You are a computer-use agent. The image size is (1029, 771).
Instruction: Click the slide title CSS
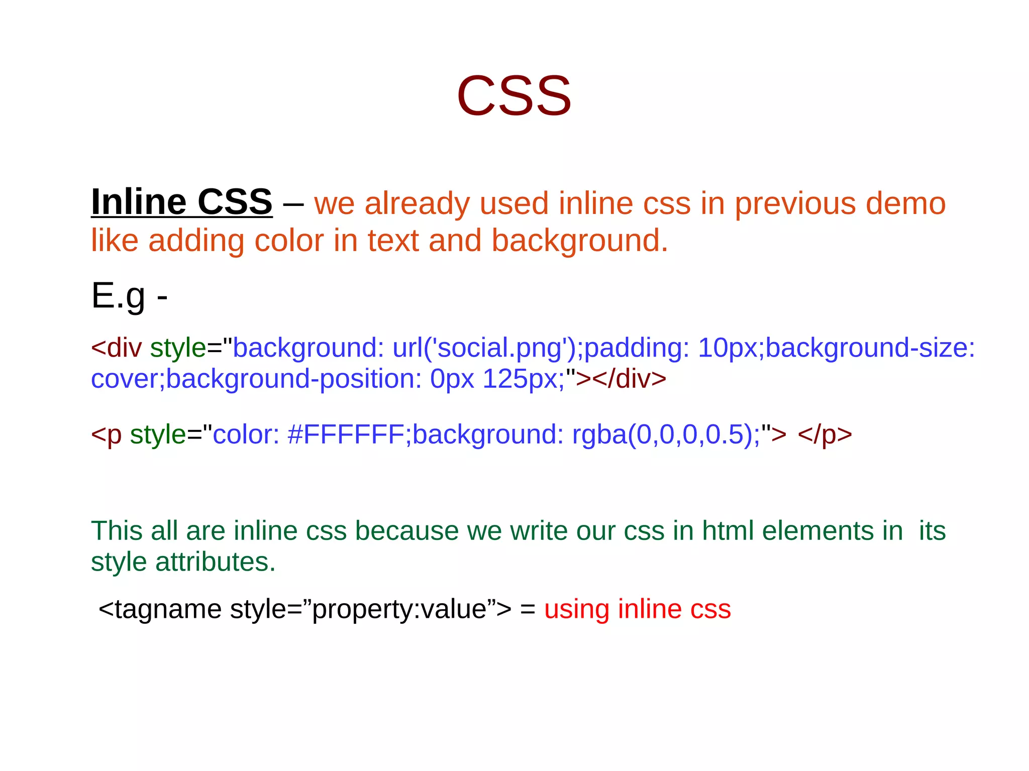[x=513, y=96]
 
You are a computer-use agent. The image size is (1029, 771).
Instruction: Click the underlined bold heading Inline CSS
[x=181, y=202]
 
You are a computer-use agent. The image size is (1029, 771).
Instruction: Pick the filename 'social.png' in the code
[x=499, y=348]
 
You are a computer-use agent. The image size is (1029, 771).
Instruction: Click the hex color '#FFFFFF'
[x=346, y=434]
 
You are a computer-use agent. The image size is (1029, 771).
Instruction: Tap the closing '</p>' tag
[x=825, y=434]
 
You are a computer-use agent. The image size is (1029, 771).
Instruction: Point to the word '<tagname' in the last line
[x=160, y=609]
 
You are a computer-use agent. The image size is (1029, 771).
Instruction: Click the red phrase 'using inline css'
[x=637, y=609]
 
